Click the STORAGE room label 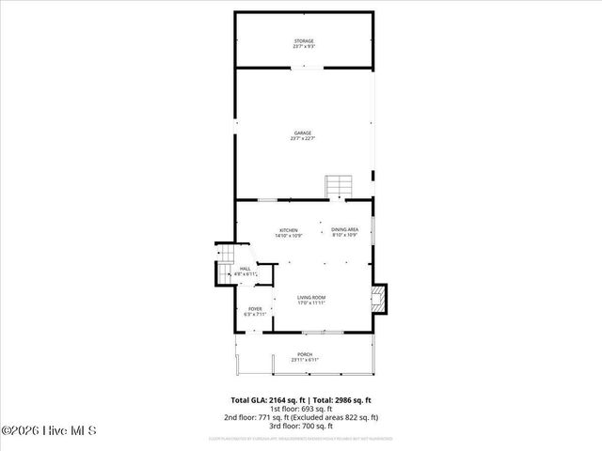point(303,41)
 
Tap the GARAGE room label point(303,133)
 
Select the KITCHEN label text point(288,230)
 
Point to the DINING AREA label point(344,230)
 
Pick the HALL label point(245,270)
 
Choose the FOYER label point(255,309)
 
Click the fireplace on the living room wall point(378,299)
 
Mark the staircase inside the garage point(338,186)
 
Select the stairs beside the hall point(226,270)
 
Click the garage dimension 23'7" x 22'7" point(303,139)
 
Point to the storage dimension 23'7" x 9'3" point(303,47)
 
